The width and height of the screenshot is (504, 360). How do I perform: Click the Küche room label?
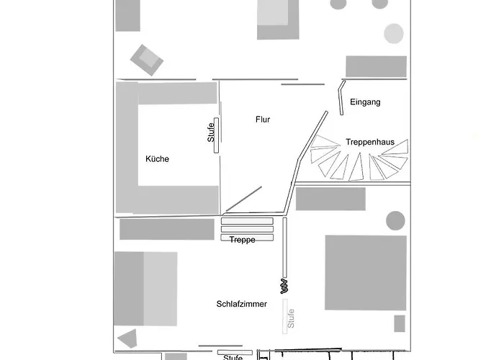157,159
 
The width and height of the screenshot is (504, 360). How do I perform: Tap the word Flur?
263,120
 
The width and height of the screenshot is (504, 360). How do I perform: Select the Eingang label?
365,102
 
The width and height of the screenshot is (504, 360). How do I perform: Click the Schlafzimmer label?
242,304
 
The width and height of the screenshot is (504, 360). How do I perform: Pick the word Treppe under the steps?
243,240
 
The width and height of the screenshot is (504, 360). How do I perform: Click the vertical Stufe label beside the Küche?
211,132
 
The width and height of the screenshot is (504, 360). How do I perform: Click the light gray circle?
394,33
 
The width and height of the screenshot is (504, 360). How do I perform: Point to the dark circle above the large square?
395,220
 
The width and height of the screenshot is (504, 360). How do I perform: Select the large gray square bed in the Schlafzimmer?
365,272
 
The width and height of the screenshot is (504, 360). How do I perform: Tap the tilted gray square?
146,59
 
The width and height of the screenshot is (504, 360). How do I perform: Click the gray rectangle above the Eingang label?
376,66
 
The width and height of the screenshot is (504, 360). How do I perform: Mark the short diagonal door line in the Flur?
244,199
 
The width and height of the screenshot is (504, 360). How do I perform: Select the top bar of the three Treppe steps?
247,220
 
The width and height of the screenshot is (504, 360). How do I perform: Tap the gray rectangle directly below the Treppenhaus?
330,199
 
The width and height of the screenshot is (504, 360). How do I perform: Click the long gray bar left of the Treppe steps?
167,229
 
